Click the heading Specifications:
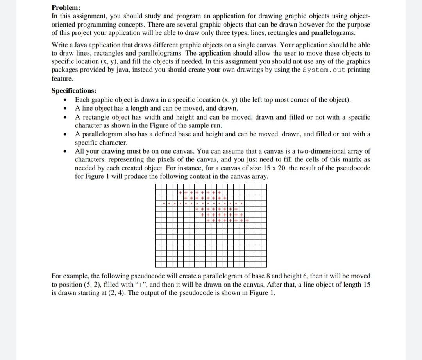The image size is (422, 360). click(x=74, y=91)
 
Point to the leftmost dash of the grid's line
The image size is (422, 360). click(x=164, y=204)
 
